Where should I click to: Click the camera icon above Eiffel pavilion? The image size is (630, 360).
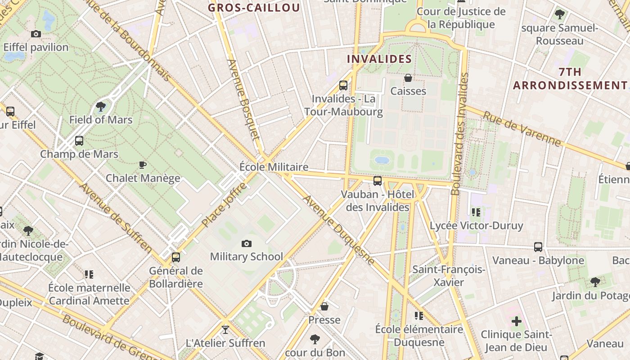click(36, 34)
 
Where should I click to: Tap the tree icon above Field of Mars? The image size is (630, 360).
click(101, 107)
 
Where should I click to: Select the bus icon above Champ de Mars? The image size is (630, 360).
click(79, 141)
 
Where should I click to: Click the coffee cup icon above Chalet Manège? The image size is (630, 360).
click(143, 165)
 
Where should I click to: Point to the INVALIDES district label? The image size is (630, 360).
click(379, 59)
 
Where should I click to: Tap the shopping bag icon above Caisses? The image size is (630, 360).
click(408, 78)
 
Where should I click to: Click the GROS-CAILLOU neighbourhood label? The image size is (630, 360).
click(254, 8)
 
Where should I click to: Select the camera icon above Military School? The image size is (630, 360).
click(247, 243)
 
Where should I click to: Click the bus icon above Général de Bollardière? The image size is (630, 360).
click(176, 257)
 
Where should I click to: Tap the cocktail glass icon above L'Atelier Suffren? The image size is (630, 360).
click(225, 330)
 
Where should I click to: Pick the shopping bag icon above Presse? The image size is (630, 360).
click(324, 307)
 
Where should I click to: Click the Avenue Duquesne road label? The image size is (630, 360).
click(339, 230)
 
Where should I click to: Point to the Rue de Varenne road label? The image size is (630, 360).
click(522, 129)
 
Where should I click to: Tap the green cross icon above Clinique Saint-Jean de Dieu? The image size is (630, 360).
click(517, 321)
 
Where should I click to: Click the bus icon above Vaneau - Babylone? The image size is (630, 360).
click(538, 247)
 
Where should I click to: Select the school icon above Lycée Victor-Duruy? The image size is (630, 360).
click(476, 212)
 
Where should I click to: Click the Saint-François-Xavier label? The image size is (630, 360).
click(449, 276)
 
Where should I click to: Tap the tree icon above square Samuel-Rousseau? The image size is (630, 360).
click(560, 14)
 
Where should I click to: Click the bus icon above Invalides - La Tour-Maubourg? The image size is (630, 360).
click(343, 85)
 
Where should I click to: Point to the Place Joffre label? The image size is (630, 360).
click(225, 205)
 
